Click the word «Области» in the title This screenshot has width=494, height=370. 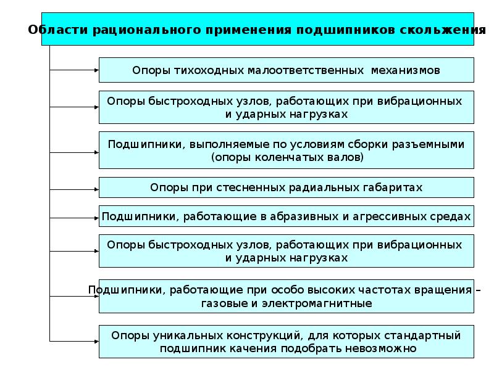click(57, 30)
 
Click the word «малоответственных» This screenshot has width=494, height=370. click(306, 70)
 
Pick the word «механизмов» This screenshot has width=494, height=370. click(405, 70)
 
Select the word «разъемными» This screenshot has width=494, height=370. click(428, 145)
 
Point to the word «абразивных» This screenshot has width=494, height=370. click(304, 216)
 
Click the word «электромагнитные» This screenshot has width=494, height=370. click(317, 303)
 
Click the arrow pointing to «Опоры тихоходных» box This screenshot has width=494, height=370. click(74, 70)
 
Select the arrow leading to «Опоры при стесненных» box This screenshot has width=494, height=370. click(74, 189)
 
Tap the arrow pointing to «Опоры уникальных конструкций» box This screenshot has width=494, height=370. click(74, 341)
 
